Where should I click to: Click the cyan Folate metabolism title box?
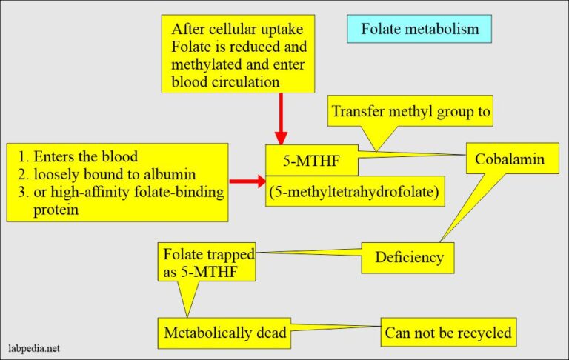[x=419, y=30]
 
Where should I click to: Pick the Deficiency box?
[x=408, y=257]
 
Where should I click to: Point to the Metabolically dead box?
[x=225, y=333]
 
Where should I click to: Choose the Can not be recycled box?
[x=448, y=333]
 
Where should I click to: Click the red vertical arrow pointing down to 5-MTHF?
[x=281, y=119]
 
